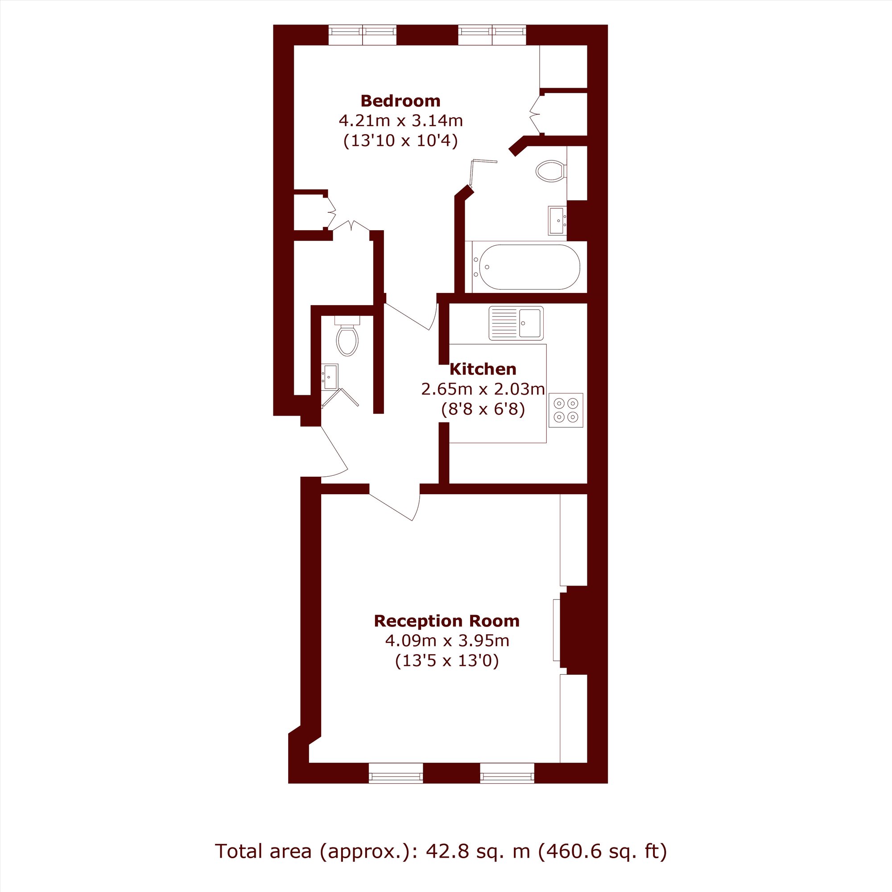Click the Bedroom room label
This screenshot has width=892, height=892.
(401, 101)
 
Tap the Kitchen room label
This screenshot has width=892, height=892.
(483, 369)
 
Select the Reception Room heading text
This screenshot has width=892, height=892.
(446, 621)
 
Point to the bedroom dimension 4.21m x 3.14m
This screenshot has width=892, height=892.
(401, 121)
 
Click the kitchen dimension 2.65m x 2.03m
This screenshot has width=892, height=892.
(483, 389)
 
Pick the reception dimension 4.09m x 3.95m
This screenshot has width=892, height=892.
(447, 641)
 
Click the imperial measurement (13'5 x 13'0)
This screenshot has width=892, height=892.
(447, 661)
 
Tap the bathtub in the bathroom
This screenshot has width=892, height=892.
(529, 267)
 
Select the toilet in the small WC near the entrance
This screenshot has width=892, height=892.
(347, 336)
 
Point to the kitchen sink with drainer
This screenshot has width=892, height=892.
(516, 323)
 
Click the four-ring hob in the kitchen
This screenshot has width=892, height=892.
(566, 410)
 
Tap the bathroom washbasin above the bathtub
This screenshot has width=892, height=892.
(557, 221)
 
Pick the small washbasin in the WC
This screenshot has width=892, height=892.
(330, 376)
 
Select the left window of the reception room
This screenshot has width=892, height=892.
(396, 773)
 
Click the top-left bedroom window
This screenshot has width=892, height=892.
(363, 35)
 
